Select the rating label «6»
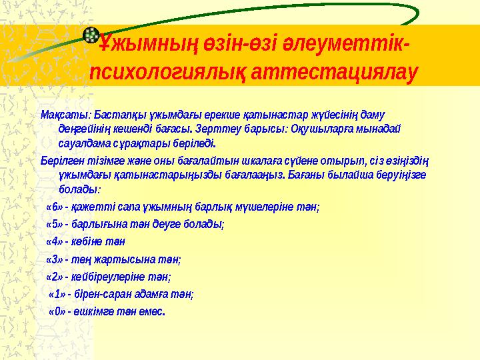pyautogui.click(x=54, y=207)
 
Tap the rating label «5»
pyautogui.click(x=54, y=225)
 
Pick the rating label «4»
pyautogui.click(x=54, y=242)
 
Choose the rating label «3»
pyautogui.click(x=54, y=259)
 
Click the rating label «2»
pyautogui.click(x=54, y=276)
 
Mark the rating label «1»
pyautogui.click(x=57, y=293)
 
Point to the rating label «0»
pyautogui.click(x=57, y=311)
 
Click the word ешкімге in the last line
pyautogui.click(x=93, y=311)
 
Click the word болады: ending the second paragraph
pyautogui.click(x=79, y=191)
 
